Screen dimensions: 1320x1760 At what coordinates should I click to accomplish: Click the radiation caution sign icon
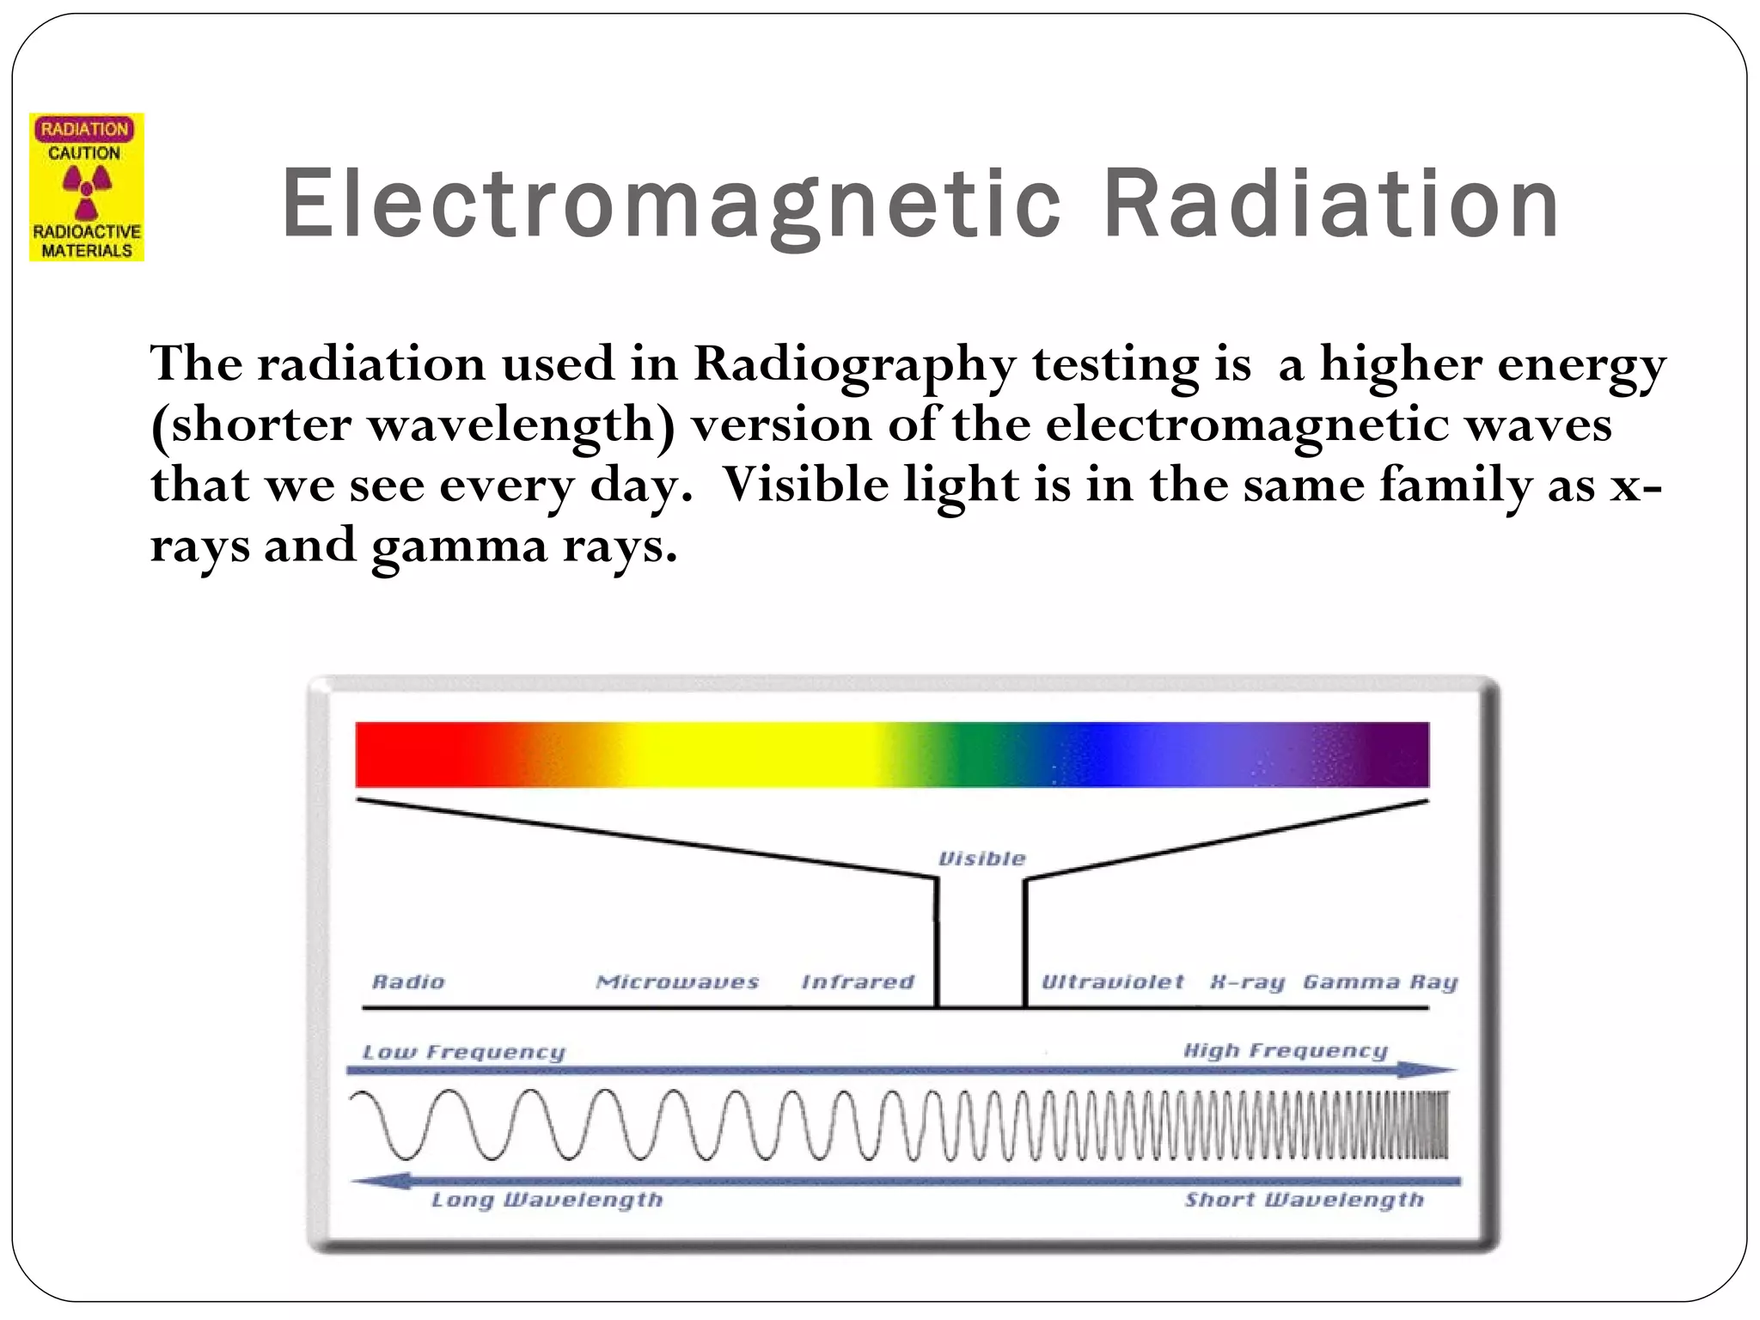(87, 187)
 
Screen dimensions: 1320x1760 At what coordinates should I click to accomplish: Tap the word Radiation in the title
(1330, 204)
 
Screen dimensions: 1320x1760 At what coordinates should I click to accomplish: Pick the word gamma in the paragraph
(459, 547)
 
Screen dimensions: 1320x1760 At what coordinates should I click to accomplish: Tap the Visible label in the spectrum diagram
(981, 859)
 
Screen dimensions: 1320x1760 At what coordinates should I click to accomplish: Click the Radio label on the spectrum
(408, 981)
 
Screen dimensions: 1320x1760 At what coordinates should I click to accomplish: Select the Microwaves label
(677, 981)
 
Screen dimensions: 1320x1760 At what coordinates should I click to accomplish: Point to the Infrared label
(858, 981)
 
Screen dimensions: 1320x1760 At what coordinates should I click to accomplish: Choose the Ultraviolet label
(1112, 981)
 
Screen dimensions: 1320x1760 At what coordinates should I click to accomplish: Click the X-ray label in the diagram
(1247, 982)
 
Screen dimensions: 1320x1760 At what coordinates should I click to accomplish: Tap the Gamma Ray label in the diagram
(1380, 982)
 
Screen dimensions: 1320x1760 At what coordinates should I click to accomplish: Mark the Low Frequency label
(464, 1052)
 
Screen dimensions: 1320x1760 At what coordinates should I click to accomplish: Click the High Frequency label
(1286, 1050)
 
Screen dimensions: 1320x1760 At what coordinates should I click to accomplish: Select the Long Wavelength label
(547, 1200)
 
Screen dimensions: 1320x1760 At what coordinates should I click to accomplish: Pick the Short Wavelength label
(1304, 1200)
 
